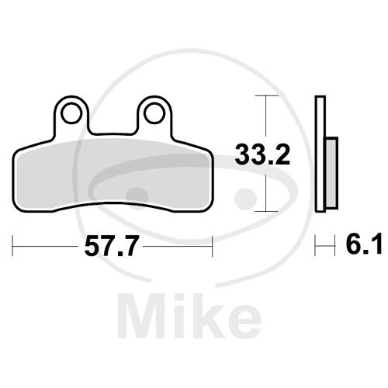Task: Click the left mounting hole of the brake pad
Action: pos(71,113)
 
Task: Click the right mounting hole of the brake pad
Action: pos(154,113)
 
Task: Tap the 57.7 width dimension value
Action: pos(110,246)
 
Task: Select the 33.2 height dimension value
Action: pos(262,154)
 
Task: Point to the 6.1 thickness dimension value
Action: pos(364,244)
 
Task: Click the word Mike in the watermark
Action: pos(190,316)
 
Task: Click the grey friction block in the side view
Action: pos(332,173)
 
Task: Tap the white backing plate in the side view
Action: pos(320,154)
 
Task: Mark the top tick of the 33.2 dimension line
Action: pos(266,95)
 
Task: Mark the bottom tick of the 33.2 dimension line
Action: pos(266,211)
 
